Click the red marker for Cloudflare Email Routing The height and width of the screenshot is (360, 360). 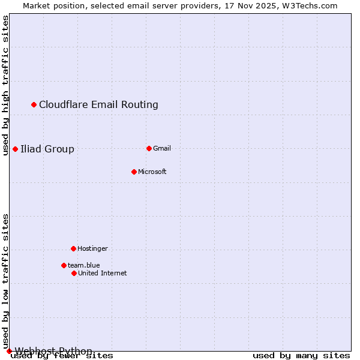[34, 105]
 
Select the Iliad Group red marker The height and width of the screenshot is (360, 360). [15, 149]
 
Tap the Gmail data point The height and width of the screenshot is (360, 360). [149, 148]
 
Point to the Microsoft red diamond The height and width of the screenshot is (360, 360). [134, 172]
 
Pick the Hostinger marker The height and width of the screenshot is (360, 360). [73, 248]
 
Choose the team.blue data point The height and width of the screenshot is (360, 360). [64, 265]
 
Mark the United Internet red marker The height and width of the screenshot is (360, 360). [74, 273]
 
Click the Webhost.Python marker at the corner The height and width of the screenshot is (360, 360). [9, 351]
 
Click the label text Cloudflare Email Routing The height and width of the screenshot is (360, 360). [98, 105]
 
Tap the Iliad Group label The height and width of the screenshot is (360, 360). [47, 149]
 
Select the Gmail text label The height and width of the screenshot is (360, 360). [162, 149]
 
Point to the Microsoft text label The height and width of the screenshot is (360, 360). [152, 172]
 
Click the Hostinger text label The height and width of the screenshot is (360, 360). [92, 249]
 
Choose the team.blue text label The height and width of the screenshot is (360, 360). [84, 266]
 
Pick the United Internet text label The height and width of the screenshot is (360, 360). [103, 274]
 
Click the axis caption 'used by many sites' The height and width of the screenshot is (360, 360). [301, 356]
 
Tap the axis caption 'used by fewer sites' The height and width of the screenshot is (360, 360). [62, 356]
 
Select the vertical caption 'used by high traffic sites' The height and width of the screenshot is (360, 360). [6, 85]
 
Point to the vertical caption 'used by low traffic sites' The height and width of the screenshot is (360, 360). [6, 281]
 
